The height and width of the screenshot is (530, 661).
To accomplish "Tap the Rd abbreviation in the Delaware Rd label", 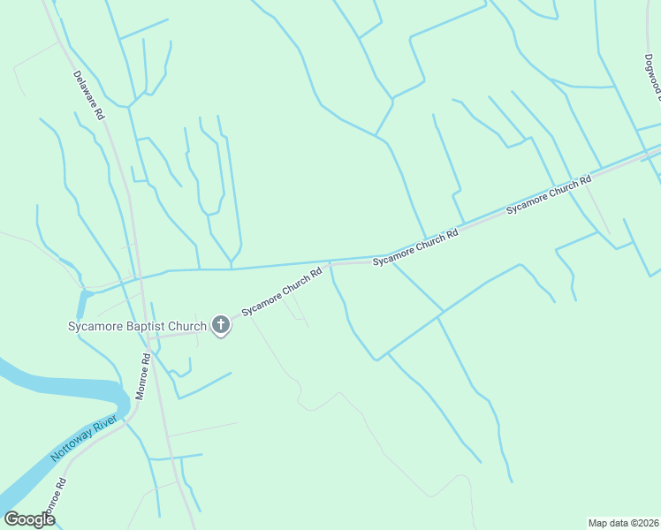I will (100, 114).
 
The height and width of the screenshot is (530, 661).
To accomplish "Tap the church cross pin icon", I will (221, 327).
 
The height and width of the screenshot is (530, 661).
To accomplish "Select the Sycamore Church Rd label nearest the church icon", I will (281, 292).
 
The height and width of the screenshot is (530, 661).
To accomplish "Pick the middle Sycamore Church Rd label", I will (415, 247).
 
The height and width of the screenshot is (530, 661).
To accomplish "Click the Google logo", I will (29, 519).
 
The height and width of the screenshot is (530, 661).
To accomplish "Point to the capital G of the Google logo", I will (11, 519).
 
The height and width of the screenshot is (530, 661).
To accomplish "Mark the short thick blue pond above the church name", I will (83, 303).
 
